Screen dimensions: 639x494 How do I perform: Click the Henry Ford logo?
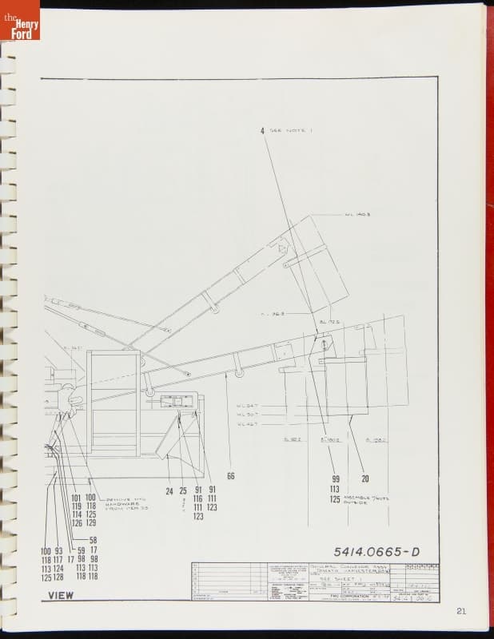21,20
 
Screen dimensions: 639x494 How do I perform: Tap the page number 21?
461,611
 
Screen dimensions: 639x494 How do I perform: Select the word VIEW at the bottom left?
61,595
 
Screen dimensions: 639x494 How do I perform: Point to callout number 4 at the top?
261,130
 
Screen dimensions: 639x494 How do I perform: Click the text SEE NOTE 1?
285,130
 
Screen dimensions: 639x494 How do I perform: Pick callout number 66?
231,476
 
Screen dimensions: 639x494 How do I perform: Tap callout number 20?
365,479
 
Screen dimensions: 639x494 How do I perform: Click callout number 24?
169,490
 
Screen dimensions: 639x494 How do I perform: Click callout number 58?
93,540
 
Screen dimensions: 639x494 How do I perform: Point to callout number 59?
81,550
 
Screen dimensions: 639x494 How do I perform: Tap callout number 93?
58,550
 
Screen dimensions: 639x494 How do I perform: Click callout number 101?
77,498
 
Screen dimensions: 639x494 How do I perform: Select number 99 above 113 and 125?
335,479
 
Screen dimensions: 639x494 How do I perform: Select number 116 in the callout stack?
197,498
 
